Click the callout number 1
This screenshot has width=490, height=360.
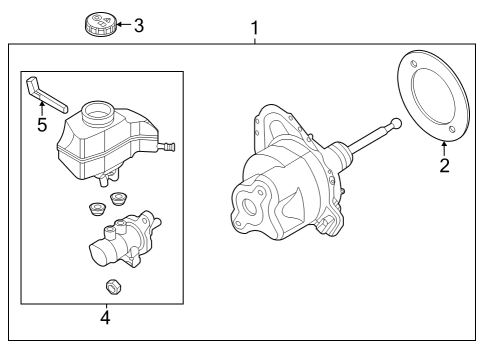[255, 28]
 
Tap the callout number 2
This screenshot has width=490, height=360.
[445, 165]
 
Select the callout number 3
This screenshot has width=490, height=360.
[139, 26]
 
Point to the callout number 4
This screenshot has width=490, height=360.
[105, 318]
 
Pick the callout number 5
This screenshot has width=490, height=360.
[42, 125]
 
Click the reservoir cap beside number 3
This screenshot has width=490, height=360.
[100, 24]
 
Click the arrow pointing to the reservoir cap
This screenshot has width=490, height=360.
[124, 24]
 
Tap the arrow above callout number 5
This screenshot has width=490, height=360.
[42, 109]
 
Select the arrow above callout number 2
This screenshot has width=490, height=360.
[444, 149]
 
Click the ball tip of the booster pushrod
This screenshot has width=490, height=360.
[396, 124]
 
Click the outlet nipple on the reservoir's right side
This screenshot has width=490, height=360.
[167, 146]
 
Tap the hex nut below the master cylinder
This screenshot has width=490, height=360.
[113, 287]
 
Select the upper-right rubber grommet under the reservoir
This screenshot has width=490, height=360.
[118, 199]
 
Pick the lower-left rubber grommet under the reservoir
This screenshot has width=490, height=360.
[98, 210]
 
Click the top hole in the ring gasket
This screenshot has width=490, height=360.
[414, 64]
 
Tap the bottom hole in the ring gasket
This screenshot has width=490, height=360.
[452, 129]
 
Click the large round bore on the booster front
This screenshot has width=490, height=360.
[249, 207]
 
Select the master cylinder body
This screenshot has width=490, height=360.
[125, 239]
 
